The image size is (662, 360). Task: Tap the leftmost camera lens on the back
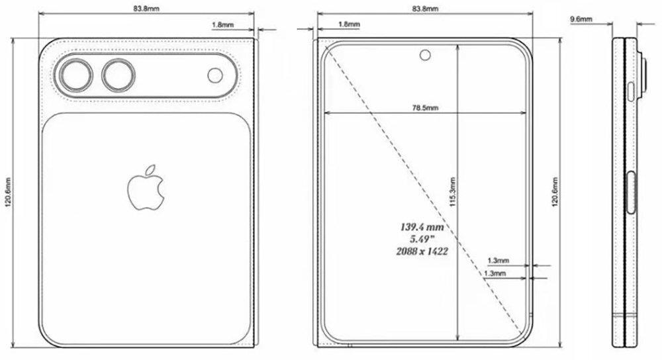pos(75,75)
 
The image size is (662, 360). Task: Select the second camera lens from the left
pos(117,75)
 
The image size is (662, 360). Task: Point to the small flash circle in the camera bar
pos(216,75)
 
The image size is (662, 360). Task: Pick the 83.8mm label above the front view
pos(424,9)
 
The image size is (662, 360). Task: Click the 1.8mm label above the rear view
pos(221,25)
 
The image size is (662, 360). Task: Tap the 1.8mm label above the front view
pos(348,25)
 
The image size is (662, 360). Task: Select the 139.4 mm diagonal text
pos(421,227)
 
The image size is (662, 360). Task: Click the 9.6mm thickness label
pos(581,21)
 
